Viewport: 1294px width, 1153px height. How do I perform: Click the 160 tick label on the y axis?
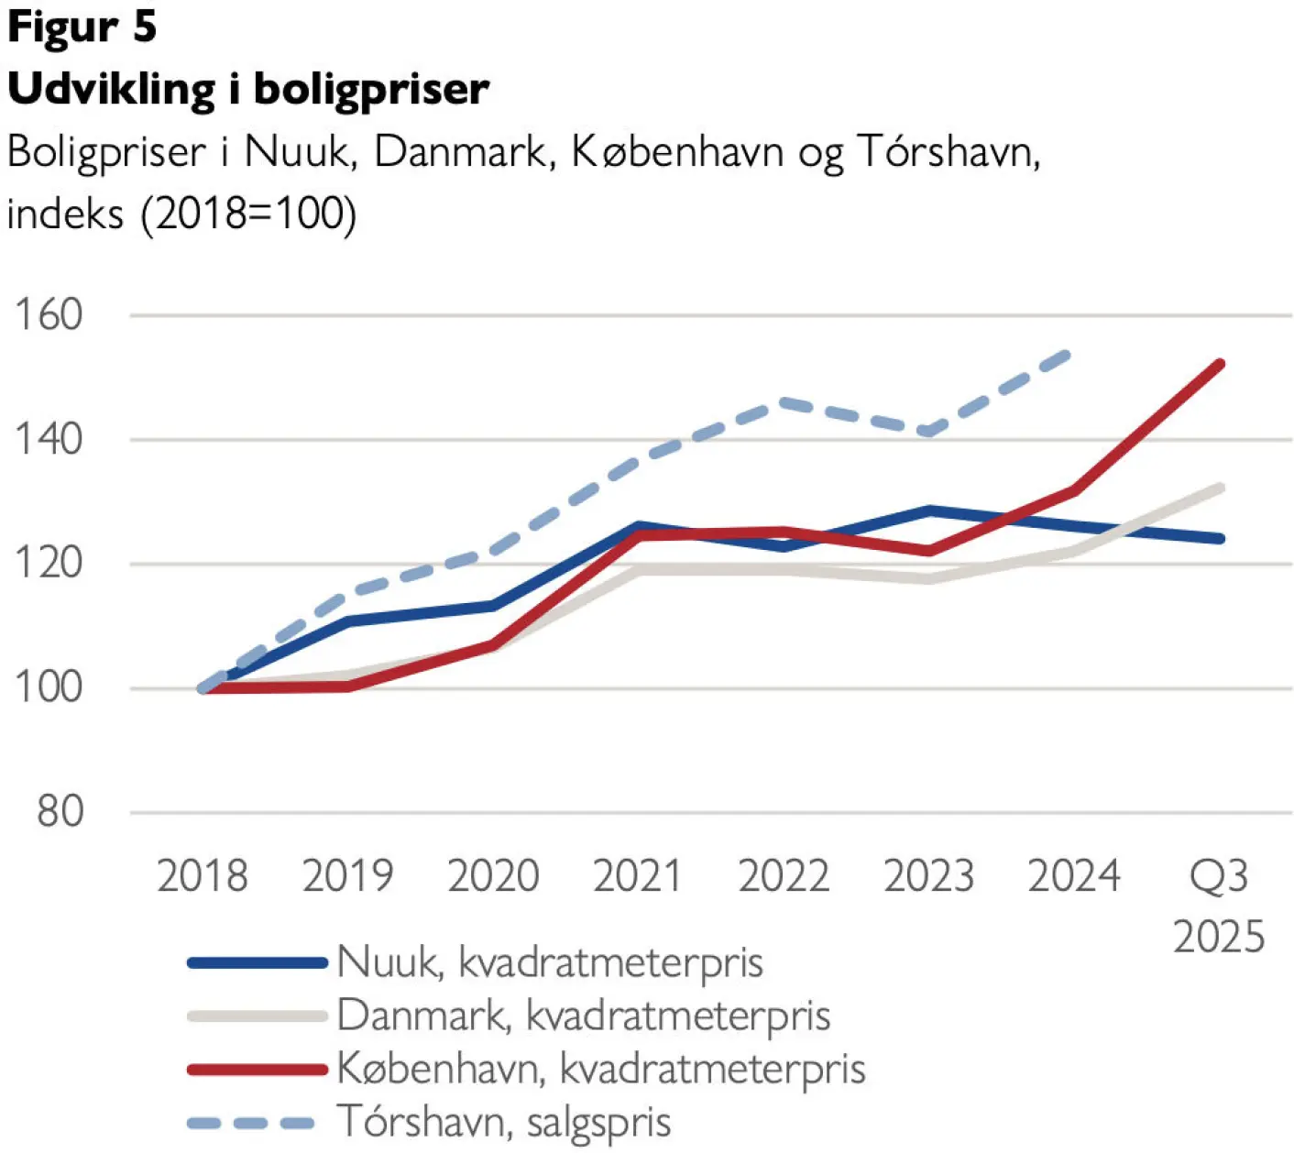49,315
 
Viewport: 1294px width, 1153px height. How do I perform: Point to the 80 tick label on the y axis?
60,812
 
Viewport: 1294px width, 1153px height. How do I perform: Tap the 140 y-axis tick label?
49,439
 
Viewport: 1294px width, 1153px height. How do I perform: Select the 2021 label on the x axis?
638,876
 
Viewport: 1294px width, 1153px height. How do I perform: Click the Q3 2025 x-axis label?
1219,906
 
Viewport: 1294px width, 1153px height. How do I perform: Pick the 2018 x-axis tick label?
203,876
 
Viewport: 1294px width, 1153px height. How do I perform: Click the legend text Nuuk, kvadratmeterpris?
550,962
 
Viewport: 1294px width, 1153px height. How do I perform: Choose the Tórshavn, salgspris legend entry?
504,1121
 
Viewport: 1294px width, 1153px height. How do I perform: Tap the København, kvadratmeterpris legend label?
601,1069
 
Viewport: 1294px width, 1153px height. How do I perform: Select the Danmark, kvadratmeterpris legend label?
584,1016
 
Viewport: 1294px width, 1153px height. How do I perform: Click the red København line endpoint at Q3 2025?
1220,365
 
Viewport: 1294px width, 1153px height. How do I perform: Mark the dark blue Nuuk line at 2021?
639,527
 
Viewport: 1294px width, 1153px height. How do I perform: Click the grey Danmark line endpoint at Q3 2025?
1220,488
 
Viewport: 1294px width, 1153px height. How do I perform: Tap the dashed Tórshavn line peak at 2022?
784,401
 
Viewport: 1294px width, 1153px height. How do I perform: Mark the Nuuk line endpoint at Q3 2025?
1220,538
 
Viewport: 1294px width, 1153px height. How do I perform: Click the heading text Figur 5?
82,27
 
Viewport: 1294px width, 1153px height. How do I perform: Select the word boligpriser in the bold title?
371,90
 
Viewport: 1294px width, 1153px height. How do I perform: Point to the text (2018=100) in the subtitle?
248,214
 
